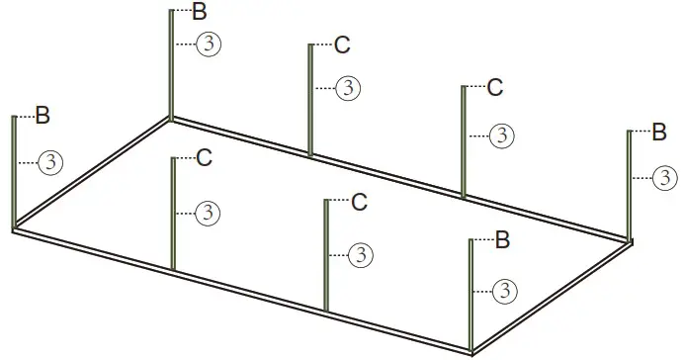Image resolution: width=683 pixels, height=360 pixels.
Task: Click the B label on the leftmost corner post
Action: click(x=43, y=116)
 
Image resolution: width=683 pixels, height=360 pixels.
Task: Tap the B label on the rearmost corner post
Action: click(x=200, y=12)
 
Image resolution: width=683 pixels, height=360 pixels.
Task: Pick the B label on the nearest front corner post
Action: click(x=501, y=239)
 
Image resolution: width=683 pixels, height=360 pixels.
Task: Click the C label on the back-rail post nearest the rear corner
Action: click(x=341, y=45)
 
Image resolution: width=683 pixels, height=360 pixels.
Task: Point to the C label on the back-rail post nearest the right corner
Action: click(x=495, y=87)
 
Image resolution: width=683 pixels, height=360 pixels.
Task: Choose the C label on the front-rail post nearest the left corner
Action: click(x=204, y=157)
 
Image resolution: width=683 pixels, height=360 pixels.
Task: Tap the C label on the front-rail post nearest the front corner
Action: click(x=359, y=203)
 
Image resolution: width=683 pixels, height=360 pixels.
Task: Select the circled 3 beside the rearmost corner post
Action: click(x=208, y=45)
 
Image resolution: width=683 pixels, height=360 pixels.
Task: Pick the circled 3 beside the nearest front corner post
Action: click(x=505, y=291)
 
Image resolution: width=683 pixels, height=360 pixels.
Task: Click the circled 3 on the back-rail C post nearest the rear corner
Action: click(x=348, y=88)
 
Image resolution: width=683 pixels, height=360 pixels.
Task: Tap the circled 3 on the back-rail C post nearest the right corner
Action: click(x=502, y=134)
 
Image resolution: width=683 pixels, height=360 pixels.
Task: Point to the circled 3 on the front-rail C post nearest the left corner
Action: click(x=208, y=212)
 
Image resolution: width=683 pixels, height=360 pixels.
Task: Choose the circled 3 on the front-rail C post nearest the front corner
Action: click(x=362, y=255)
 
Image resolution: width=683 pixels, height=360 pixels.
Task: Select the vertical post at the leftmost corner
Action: click(x=14, y=172)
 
